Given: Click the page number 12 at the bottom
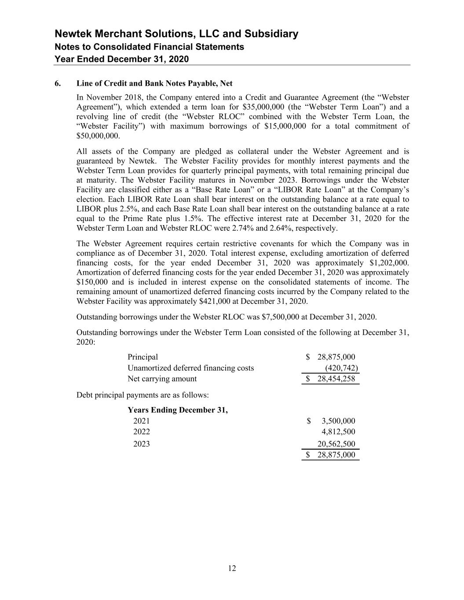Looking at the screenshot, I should pos(232,569).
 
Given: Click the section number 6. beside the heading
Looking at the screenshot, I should pos(58,84).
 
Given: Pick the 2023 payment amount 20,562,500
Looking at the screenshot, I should pos(336,444).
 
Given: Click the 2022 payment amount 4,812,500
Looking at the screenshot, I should pos(338,432).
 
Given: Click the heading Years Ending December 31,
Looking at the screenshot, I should pos(178,410).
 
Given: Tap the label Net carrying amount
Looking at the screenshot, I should pos(162,379).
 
